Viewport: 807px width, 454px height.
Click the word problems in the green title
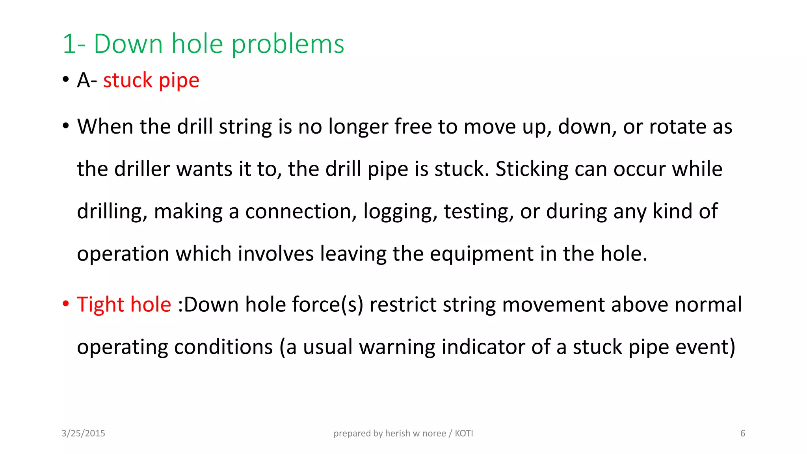tap(288, 44)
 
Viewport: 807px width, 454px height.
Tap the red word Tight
tap(101, 305)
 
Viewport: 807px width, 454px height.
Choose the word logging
tap(400, 212)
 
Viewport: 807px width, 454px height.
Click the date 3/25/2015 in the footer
tap(83, 434)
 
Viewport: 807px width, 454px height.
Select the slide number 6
tap(743, 434)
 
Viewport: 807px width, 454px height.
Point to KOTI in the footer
tap(464, 434)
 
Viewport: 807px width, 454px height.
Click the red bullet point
tap(66, 304)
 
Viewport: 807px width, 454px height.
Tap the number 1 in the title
tap(69, 44)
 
